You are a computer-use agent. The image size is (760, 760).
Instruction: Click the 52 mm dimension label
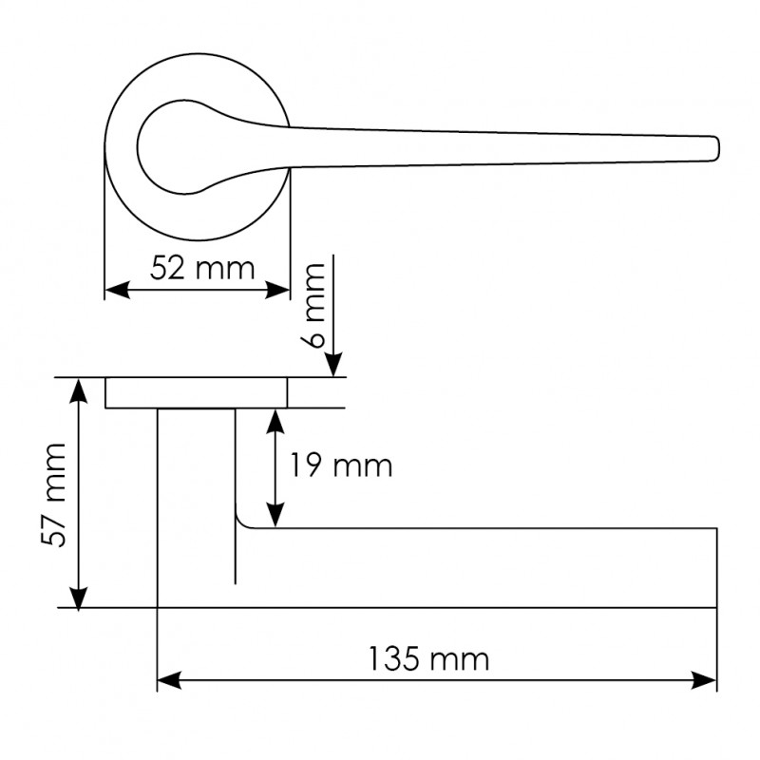202,269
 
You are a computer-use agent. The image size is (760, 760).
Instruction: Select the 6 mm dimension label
315,305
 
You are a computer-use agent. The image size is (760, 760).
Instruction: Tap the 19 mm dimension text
341,465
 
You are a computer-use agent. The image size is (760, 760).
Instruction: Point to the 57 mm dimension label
54,495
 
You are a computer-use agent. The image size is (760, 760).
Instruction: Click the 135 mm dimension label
429,659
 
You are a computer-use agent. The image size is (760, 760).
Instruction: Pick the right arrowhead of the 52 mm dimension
277,290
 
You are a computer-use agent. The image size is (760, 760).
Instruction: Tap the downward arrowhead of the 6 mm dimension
333,365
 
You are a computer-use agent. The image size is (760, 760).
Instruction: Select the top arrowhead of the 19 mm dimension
275,422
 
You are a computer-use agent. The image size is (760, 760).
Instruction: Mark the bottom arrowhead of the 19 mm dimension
275,515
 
